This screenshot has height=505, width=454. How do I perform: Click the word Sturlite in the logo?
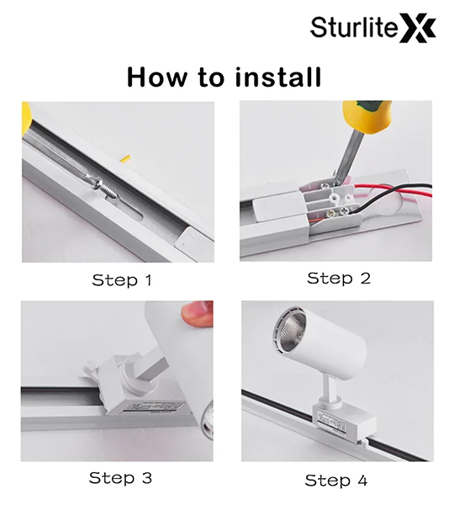point(353,27)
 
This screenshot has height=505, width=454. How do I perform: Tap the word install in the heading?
point(278,77)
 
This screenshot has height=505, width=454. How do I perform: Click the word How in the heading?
point(157,77)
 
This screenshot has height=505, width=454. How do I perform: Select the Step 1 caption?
point(122,280)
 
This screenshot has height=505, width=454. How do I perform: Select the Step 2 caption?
point(339,279)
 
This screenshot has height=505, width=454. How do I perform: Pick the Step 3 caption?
point(120,477)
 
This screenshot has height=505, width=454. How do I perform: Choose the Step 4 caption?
point(336,481)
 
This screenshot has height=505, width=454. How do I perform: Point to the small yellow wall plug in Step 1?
point(124,158)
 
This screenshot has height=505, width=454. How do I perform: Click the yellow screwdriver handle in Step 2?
point(366,115)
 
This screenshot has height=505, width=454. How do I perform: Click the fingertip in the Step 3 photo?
point(197,314)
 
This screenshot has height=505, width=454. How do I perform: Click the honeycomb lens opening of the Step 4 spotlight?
point(289,331)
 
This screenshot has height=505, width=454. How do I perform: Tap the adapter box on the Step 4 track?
point(343,422)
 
